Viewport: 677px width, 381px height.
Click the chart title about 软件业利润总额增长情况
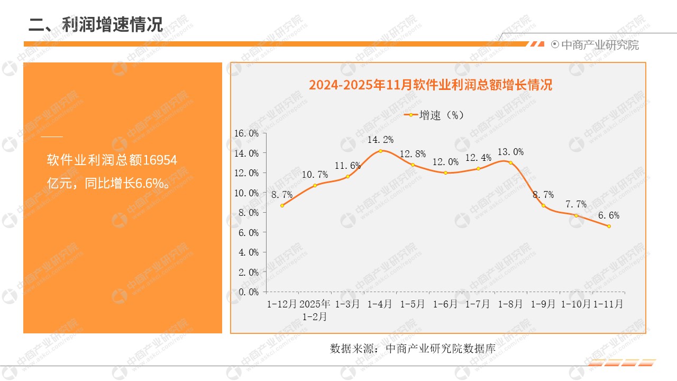click(431, 85)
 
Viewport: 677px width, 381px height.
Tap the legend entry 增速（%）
click(434, 115)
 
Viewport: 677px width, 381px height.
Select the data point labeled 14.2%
click(380, 151)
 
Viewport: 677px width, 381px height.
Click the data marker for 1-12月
click(282, 205)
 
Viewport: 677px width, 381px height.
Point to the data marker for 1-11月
click(609, 226)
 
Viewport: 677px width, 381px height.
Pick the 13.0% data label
click(510, 152)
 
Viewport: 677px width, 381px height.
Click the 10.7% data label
click(315, 174)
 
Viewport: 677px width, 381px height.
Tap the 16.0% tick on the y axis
click(246, 133)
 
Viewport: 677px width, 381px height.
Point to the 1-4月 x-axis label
click(380, 304)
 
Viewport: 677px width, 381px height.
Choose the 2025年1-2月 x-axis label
click(315, 311)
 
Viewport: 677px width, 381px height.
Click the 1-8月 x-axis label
click(510, 304)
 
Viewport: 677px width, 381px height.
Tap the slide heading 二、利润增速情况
click(95, 24)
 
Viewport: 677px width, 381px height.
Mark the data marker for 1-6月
click(445, 173)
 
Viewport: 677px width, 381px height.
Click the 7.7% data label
click(576, 204)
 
